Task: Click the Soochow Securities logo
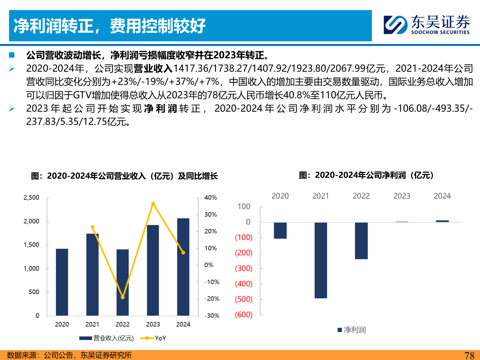point(426,25)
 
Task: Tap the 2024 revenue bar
point(183,267)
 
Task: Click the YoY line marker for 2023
point(153,204)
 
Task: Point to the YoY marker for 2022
point(123,297)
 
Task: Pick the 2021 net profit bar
point(321,260)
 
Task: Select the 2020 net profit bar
point(280,230)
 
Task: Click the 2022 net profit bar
point(361,240)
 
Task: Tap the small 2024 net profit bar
point(442,221)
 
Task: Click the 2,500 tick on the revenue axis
point(31,198)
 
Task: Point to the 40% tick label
point(211,198)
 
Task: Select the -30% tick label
point(212,316)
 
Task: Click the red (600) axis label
point(244,315)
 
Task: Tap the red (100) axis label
point(244,237)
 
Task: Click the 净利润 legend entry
point(352,330)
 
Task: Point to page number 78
point(469,355)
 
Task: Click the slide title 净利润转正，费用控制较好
point(110,26)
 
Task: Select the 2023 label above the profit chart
point(402,196)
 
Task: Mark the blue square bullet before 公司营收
point(12,55)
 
